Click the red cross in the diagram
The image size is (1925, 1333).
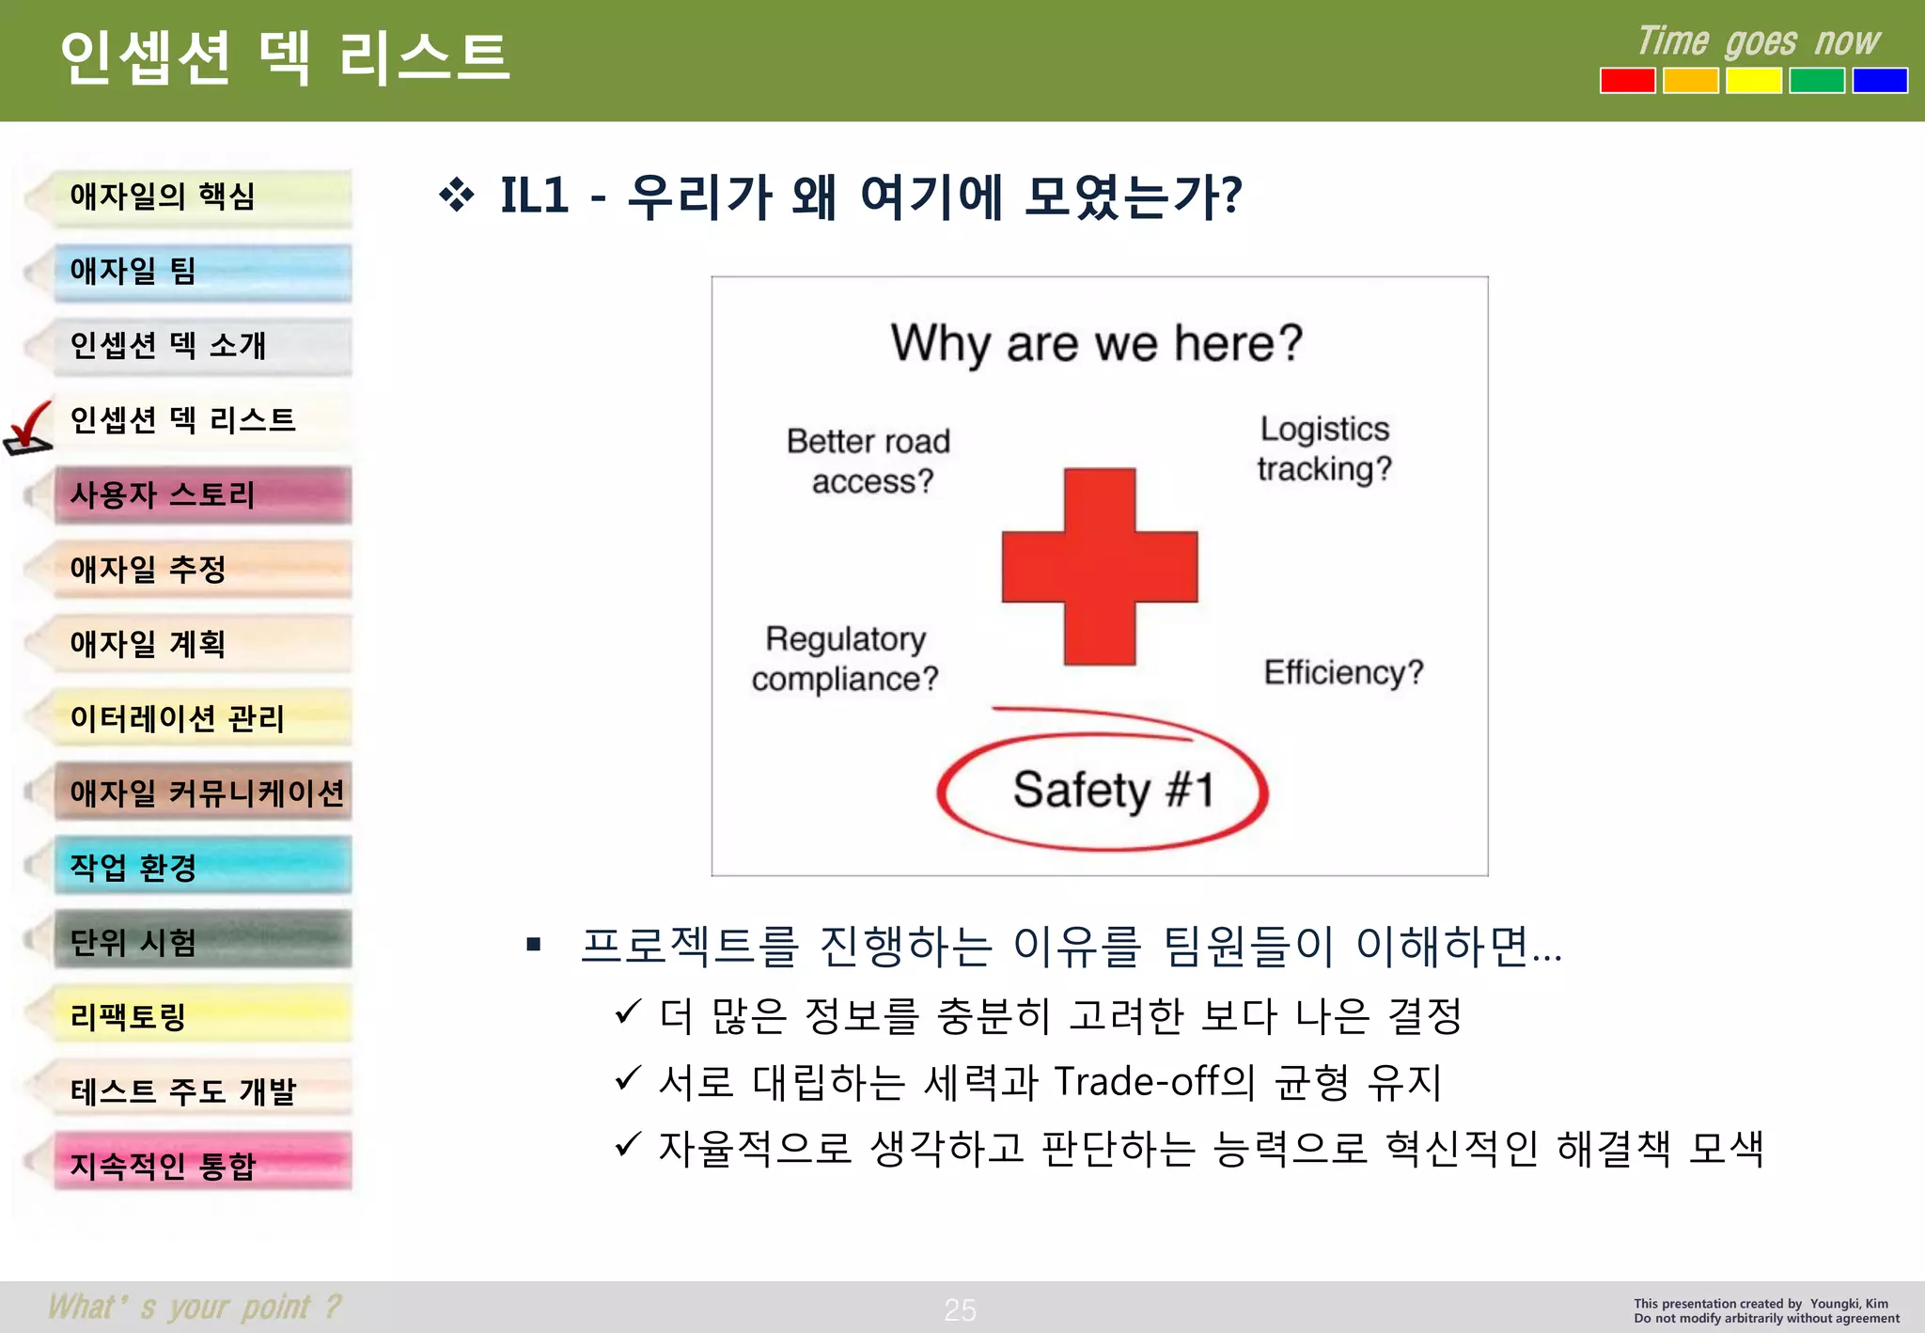pyautogui.click(x=1099, y=567)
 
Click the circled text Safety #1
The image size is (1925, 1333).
pyautogui.click(x=1112, y=791)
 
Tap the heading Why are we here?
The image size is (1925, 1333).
pyautogui.click(x=1096, y=343)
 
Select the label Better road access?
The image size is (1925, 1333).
pyautogui.click(x=869, y=461)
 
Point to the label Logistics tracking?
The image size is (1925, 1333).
pyautogui.click(x=1323, y=448)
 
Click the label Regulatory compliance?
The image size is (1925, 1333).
pyautogui.click(x=845, y=658)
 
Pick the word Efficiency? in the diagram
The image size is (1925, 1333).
pyautogui.click(x=1342, y=672)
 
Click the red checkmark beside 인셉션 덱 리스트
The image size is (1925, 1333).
pyautogui.click(x=28, y=428)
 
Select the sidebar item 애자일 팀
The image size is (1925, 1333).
pyautogui.click(x=202, y=272)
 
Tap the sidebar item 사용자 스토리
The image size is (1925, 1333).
pyautogui.click(x=202, y=494)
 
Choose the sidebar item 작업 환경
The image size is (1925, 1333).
pyautogui.click(x=202, y=866)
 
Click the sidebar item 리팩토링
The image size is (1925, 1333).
pyautogui.click(x=202, y=1015)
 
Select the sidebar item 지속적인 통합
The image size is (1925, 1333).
pyautogui.click(x=202, y=1165)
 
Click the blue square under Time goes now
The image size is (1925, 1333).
pyautogui.click(x=1879, y=81)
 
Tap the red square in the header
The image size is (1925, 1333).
pyautogui.click(x=1627, y=81)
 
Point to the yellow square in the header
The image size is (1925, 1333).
pyautogui.click(x=1753, y=81)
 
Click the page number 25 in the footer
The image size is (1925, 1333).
pyautogui.click(x=960, y=1309)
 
